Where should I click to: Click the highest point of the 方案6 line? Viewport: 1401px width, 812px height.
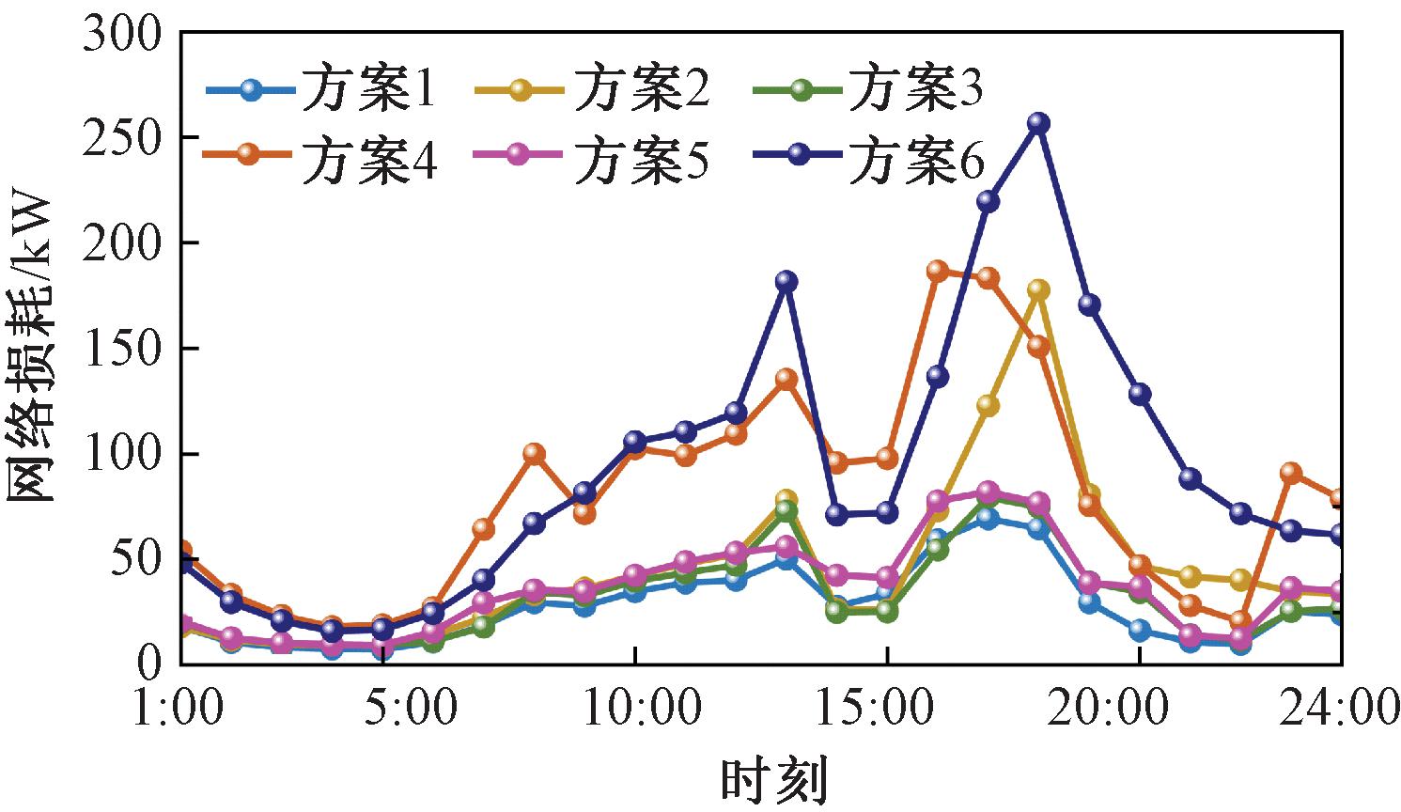point(1038,123)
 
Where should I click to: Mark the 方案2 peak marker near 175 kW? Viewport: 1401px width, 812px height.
point(1038,289)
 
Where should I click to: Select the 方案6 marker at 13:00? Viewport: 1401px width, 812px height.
point(786,281)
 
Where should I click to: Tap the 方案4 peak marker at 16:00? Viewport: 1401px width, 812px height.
point(937,271)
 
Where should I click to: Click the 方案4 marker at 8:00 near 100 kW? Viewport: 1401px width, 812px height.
point(534,454)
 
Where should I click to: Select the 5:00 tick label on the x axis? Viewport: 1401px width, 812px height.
point(409,708)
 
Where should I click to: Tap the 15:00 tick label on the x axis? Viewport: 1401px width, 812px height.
point(887,708)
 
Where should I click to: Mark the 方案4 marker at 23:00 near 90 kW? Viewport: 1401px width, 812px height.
point(1291,473)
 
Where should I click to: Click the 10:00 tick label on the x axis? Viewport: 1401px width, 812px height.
point(635,708)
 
